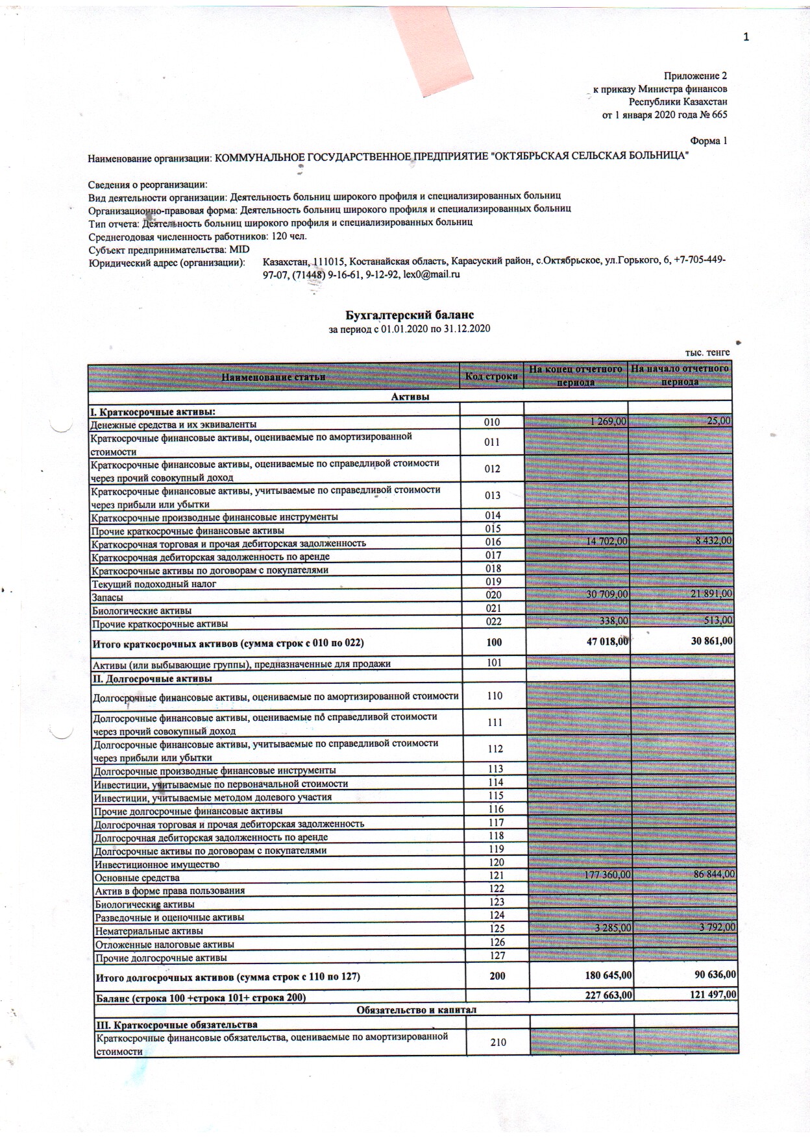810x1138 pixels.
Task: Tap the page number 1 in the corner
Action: (x=746, y=37)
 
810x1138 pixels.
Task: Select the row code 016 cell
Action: (x=493, y=542)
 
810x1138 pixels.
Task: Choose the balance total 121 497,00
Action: (x=709, y=995)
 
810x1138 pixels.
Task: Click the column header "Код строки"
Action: (x=491, y=376)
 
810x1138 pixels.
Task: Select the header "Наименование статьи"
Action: (x=273, y=377)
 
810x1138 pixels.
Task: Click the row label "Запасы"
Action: (x=108, y=598)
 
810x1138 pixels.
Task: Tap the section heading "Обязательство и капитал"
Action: (x=416, y=1010)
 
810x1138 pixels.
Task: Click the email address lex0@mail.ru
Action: (x=432, y=274)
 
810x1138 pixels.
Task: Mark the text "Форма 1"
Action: (x=708, y=141)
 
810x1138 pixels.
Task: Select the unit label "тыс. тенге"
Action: (x=707, y=352)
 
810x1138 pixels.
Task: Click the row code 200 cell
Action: (x=497, y=976)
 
